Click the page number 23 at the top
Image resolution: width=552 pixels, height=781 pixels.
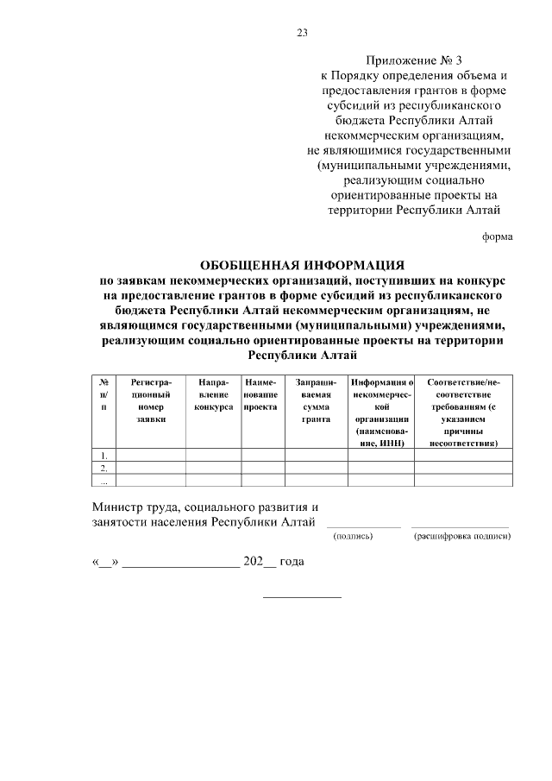click(x=302, y=33)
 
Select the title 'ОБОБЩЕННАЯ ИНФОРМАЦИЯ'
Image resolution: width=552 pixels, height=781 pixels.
click(x=302, y=264)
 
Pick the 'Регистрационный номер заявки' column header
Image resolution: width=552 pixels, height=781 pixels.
click(x=150, y=400)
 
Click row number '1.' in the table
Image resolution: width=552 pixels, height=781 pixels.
click(x=103, y=455)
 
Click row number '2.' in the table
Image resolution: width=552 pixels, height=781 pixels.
click(x=103, y=468)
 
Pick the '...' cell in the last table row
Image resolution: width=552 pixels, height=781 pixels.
click(x=103, y=481)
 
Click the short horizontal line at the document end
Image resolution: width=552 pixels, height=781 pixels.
click(x=302, y=597)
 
